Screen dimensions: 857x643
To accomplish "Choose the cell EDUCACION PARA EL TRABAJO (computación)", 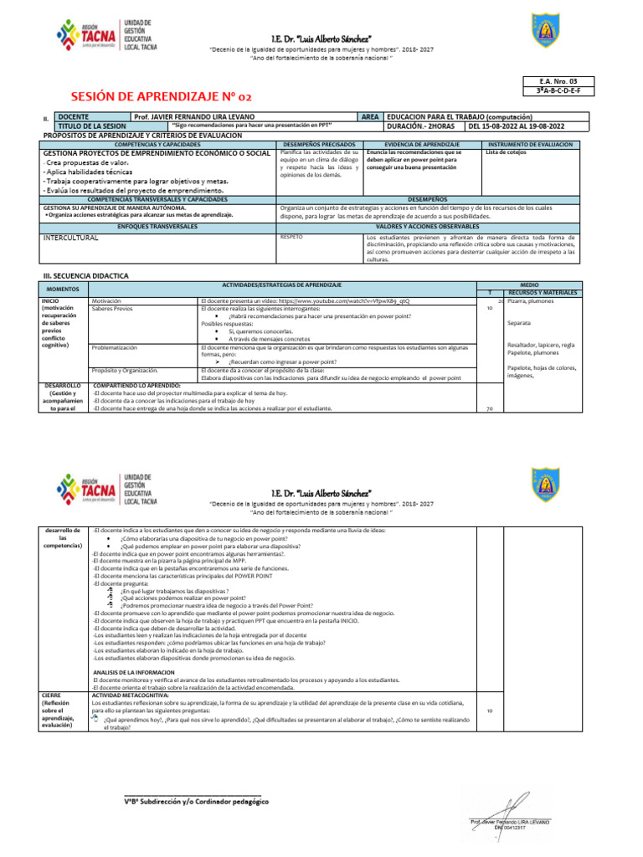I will click(461, 116).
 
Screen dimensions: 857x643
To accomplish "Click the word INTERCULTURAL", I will click(71, 238).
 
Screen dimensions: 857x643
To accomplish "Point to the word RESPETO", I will click(291, 237).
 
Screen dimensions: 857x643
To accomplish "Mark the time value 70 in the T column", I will click(488, 409).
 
